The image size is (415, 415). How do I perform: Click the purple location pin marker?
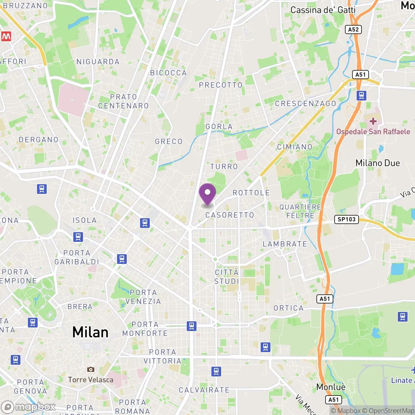click(207, 194)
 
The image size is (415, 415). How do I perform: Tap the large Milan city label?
click(90, 332)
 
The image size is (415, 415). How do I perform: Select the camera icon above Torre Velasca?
click(91, 369)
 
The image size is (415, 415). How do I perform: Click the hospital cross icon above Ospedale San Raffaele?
click(373, 121)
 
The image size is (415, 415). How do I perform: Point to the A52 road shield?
click(353, 30)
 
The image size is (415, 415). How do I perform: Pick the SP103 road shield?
click(347, 219)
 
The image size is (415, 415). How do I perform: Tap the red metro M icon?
click(6, 36)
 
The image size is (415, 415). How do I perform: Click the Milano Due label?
click(378, 163)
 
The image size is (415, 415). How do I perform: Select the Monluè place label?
click(331, 387)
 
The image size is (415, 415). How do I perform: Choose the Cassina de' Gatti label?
click(323, 10)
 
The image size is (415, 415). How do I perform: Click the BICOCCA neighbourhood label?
click(169, 73)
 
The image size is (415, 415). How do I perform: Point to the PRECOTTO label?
click(221, 85)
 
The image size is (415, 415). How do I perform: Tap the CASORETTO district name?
click(230, 215)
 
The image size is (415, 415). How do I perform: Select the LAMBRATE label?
click(285, 244)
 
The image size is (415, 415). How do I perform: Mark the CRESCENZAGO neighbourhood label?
click(305, 104)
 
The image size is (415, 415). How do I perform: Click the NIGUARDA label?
click(98, 62)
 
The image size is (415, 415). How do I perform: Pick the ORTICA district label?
click(289, 308)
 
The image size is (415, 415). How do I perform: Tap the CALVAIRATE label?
click(204, 390)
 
